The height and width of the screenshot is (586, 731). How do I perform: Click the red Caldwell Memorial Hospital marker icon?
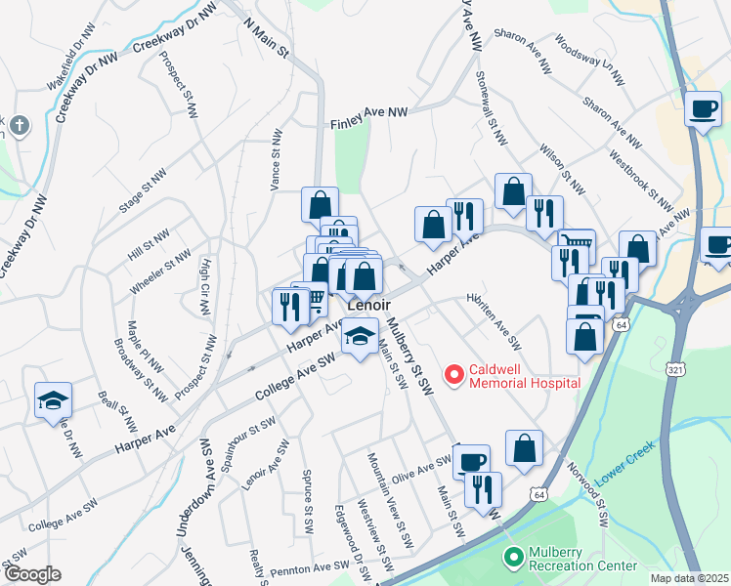coord(453,374)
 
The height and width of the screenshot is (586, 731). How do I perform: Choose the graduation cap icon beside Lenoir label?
coord(360,337)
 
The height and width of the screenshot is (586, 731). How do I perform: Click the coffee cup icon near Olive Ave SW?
coord(471,460)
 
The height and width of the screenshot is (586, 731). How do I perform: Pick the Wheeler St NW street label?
coord(159,275)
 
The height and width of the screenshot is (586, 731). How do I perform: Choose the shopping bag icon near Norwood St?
coord(525,448)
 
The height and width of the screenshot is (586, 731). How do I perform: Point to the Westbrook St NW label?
coord(640,181)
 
